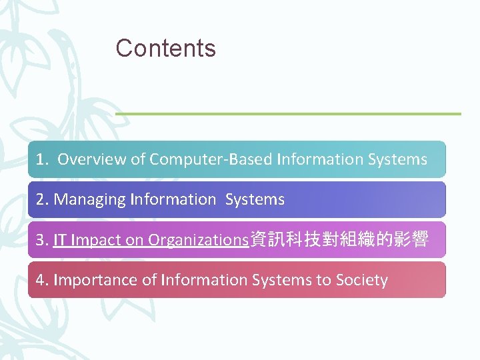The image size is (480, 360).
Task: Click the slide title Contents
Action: click(165, 48)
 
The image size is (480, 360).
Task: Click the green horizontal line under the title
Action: click(288, 113)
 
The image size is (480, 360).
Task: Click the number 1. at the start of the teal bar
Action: click(43, 159)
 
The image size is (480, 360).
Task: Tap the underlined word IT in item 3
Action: click(59, 240)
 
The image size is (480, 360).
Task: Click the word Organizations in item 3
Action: click(197, 240)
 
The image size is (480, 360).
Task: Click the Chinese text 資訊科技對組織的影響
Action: click(338, 240)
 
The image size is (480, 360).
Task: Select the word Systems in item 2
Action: click(255, 199)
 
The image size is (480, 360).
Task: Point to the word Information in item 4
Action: click(201, 280)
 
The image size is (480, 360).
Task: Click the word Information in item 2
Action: click(173, 199)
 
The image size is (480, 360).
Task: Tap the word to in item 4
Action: click(323, 280)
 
